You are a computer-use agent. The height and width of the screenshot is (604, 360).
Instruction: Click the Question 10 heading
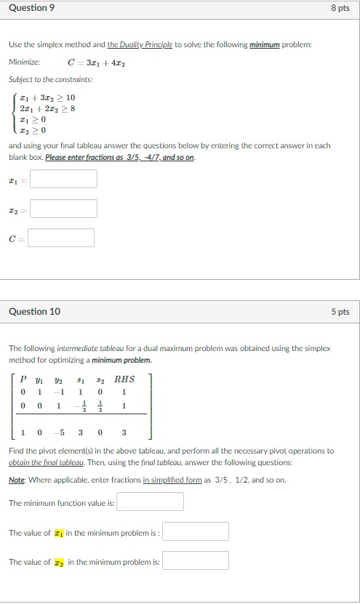(x=34, y=312)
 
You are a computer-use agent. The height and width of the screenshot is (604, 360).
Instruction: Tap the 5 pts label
(x=341, y=312)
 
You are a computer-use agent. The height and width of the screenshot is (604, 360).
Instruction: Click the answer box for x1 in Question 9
(x=63, y=179)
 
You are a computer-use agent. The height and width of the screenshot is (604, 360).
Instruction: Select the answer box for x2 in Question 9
(x=63, y=209)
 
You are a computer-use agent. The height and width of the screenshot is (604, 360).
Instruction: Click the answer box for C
(x=62, y=238)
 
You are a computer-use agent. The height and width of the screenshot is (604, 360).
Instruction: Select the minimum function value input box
(x=150, y=502)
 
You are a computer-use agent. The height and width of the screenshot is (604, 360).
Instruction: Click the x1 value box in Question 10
(x=195, y=531)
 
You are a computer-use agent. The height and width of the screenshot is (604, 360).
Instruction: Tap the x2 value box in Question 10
(x=195, y=560)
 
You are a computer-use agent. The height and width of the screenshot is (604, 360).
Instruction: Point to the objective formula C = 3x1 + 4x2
(x=96, y=63)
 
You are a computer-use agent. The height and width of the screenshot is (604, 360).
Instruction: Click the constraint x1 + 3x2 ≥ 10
(x=48, y=97)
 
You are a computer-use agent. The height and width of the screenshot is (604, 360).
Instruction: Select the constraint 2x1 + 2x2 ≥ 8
(x=48, y=108)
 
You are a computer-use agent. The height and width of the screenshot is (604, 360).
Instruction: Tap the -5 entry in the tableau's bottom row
(x=60, y=433)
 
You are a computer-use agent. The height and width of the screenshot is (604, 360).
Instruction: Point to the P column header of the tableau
(x=24, y=379)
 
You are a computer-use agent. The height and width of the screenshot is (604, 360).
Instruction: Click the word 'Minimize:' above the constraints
(x=24, y=63)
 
